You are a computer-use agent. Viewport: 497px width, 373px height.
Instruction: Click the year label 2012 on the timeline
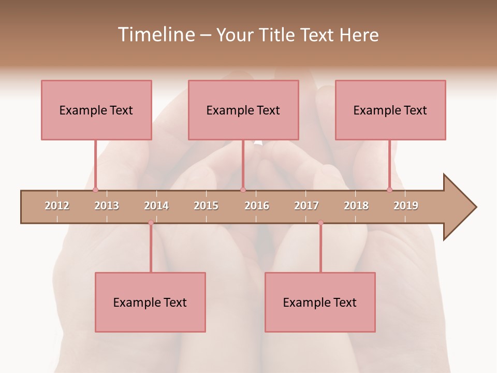(57, 206)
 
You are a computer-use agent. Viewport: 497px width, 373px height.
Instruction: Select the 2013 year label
(107, 206)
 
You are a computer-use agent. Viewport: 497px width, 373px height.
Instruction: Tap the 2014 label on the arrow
(156, 206)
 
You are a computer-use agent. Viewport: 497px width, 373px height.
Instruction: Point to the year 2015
(206, 206)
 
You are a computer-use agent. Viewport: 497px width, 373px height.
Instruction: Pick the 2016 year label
(257, 206)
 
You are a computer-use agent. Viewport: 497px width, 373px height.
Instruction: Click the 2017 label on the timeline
(306, 206)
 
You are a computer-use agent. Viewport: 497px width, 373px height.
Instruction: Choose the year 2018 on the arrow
(356, 206)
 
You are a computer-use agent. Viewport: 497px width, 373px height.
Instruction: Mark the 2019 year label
(406, 206)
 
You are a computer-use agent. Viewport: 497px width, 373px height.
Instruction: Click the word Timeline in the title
(155, 35)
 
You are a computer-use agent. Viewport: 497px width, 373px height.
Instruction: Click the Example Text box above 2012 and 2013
(96, 110)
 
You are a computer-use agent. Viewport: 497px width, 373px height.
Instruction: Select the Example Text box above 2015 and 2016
(243, 110)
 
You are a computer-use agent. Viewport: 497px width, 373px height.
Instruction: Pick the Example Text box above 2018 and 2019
(390, 110)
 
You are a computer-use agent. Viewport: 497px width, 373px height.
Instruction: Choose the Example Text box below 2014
(150, 302)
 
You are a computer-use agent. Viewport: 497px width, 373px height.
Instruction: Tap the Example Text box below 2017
(320, 302)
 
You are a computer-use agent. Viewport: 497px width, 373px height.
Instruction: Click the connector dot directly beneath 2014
(151, 223)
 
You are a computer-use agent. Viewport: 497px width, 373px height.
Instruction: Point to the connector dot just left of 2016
(243, 190)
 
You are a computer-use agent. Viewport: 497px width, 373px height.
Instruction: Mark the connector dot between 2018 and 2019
(389, 190)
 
